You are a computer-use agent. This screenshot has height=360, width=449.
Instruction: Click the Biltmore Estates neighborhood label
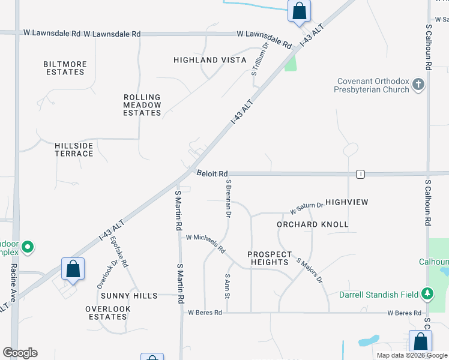65,68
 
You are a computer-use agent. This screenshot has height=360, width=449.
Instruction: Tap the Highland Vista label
210,60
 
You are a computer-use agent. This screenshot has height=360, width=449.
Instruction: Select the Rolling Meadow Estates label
142,104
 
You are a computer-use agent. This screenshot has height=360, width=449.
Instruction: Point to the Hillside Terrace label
74,149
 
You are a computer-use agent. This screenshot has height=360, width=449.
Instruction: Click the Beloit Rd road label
213,173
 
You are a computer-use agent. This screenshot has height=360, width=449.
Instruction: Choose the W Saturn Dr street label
306,208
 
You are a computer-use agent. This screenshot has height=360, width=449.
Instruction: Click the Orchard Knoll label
313,224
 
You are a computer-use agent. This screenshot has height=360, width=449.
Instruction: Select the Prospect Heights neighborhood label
270,258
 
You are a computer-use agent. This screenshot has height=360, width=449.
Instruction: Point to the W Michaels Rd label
205,243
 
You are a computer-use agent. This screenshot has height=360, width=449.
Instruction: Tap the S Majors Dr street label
310,270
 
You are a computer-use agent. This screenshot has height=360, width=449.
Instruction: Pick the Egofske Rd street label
119,251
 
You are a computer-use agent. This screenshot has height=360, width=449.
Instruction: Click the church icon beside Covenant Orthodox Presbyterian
419,85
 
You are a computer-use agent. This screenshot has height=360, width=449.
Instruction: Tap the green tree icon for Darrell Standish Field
427,293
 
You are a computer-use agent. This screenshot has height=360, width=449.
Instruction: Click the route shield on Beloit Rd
360,174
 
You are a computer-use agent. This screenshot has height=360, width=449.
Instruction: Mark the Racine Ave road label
13,284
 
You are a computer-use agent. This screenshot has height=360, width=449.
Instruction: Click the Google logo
20,353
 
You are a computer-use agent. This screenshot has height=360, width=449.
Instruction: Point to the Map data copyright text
411,355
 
